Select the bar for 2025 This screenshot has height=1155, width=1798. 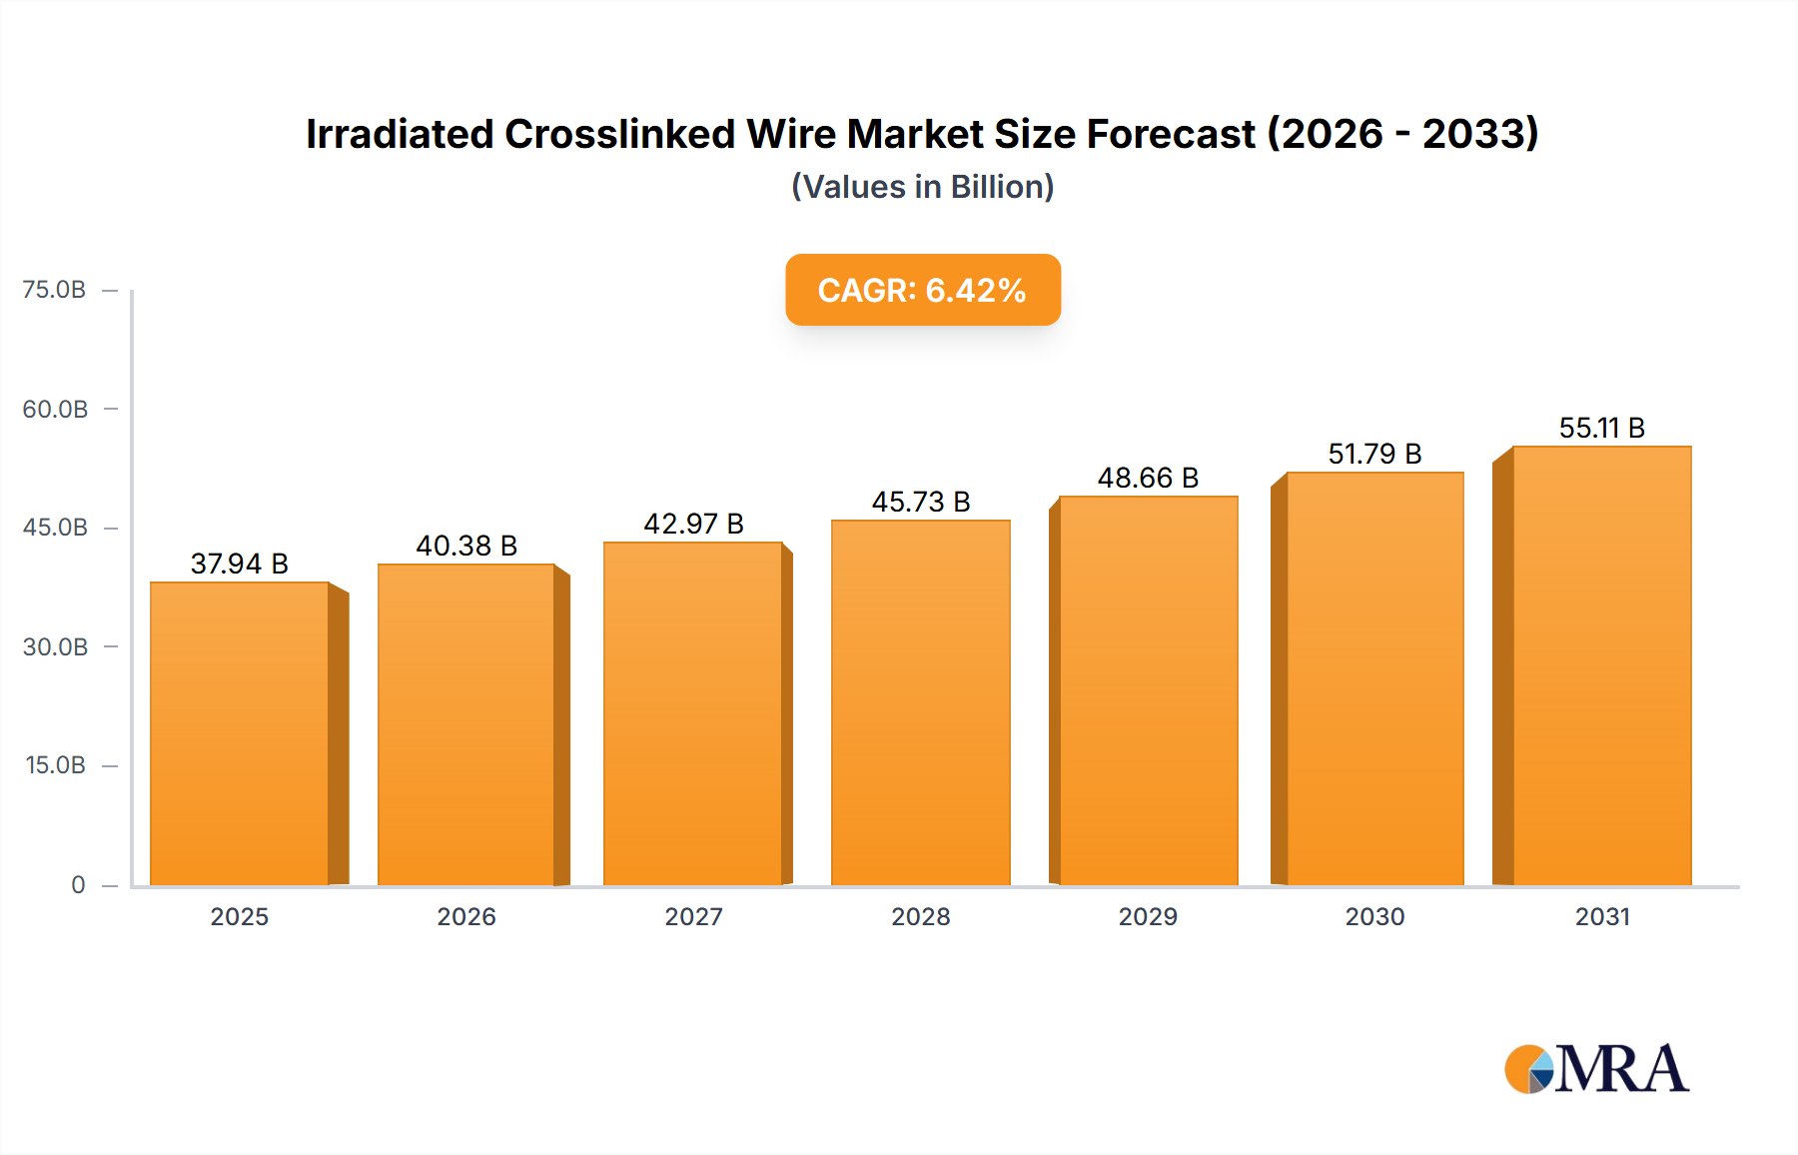tap(240, 734)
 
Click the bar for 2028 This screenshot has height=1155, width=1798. tap(921, 703)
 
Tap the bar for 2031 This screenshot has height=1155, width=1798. tap(1601, 666)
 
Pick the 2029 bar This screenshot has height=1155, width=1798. tap(1149, 691)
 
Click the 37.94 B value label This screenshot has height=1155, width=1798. tap(240, 564)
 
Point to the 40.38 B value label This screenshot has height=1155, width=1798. tap(466, 546)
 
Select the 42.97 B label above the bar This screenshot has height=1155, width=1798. tap(693, 524)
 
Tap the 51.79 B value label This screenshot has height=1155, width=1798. tap(1374, 454)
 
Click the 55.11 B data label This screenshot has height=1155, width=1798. tap(1601, 428)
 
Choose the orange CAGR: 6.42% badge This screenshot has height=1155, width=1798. tap(922, 290)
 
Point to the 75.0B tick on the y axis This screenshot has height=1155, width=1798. tap(55, 290)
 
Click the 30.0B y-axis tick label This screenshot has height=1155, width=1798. tap(55, 646)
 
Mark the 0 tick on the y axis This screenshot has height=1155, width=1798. tap(78, 884)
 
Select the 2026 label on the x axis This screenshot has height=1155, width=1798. tap(466, 916)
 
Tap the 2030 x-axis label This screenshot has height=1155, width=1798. tap(1374, 916)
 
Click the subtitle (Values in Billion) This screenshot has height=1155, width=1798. tap(922, 187)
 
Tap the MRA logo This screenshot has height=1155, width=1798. tap(1596, 1069)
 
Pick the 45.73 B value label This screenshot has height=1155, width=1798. tap(921, 502)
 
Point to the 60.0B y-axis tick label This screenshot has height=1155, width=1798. tap(55, 409)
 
